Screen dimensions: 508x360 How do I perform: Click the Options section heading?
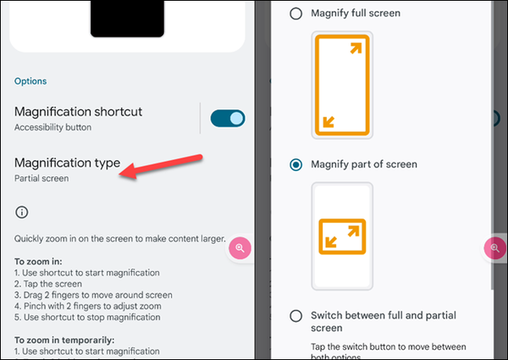30,81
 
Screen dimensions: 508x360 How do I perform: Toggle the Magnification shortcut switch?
228,119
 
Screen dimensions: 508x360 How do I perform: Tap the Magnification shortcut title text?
78,112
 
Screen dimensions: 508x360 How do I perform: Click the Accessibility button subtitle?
52,127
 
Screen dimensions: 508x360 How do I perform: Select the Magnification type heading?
67,163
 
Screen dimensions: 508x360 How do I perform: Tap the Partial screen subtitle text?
41,178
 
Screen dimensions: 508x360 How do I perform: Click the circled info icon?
22,213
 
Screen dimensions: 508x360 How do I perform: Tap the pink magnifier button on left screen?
240,248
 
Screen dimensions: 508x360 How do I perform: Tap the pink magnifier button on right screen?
494,248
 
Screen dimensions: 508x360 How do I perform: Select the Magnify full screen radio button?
295,14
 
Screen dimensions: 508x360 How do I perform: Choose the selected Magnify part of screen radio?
295,164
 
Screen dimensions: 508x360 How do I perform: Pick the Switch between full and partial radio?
295,316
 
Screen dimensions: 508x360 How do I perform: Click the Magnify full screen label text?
356,14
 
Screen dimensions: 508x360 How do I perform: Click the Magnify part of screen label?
364,164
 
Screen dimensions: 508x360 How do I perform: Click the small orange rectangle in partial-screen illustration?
342,219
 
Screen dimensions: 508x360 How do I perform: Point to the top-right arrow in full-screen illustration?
356,48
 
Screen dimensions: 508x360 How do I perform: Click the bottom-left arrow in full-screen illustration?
329,122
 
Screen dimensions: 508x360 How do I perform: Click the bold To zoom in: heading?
38,262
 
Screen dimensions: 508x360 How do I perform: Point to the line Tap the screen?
48,284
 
